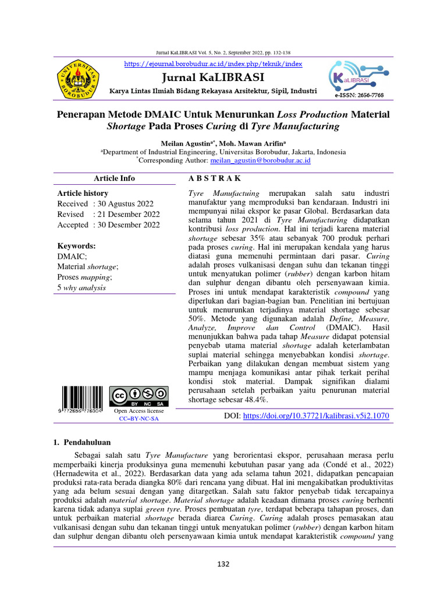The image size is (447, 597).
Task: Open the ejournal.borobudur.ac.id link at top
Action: point(214,63)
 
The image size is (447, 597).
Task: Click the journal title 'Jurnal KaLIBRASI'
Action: point(214,78)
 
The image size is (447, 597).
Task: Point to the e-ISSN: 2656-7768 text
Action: point(359,95)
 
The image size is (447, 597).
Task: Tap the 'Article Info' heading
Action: point(114,178)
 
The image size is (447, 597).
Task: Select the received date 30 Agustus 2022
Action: point(125,203)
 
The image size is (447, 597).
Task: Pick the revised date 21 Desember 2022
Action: point(127,214)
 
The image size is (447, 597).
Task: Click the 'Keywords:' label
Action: point(76,246)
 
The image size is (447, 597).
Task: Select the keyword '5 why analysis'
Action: point(81,287)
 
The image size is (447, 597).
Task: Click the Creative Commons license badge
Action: point(139,396)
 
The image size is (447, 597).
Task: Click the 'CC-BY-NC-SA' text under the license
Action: point(139,419)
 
